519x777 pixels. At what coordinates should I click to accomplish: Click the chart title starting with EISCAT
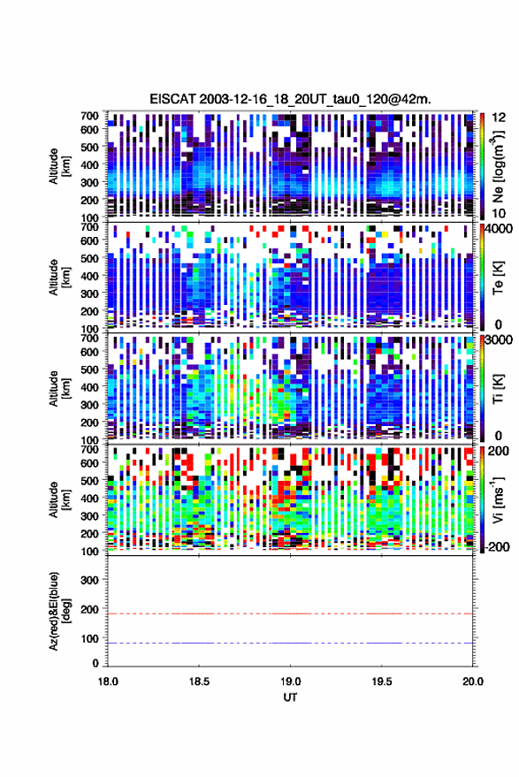point(291,99)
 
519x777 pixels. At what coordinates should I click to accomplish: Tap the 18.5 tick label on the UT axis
point(199,682)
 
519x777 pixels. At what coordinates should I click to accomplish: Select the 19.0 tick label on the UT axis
point(290,682)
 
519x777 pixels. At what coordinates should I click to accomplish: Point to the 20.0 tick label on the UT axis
point(472,682)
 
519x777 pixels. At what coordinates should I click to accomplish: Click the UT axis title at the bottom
point(290,697)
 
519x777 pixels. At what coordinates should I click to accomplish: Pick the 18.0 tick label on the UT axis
point(108,682)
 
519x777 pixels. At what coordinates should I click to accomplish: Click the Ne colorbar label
point(497,166)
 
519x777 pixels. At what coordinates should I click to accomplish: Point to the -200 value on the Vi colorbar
point(497,546)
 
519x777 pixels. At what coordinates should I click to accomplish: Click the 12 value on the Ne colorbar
point(499,118)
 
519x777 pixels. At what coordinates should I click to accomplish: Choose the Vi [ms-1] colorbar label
point(497,499)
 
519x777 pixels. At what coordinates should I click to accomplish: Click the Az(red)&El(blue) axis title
point(59,611)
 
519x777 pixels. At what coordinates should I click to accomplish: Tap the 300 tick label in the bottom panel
point(89,580)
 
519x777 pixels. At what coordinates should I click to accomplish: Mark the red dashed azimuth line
point(290,614)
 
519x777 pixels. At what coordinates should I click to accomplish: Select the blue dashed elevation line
point(290,644)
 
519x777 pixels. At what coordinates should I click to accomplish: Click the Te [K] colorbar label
point(498,278)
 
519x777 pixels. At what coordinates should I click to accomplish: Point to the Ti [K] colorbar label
point(498,389)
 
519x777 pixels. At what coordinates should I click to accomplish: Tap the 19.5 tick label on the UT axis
point(381,682)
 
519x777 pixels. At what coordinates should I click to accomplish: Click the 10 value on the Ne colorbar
point(499,213)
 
